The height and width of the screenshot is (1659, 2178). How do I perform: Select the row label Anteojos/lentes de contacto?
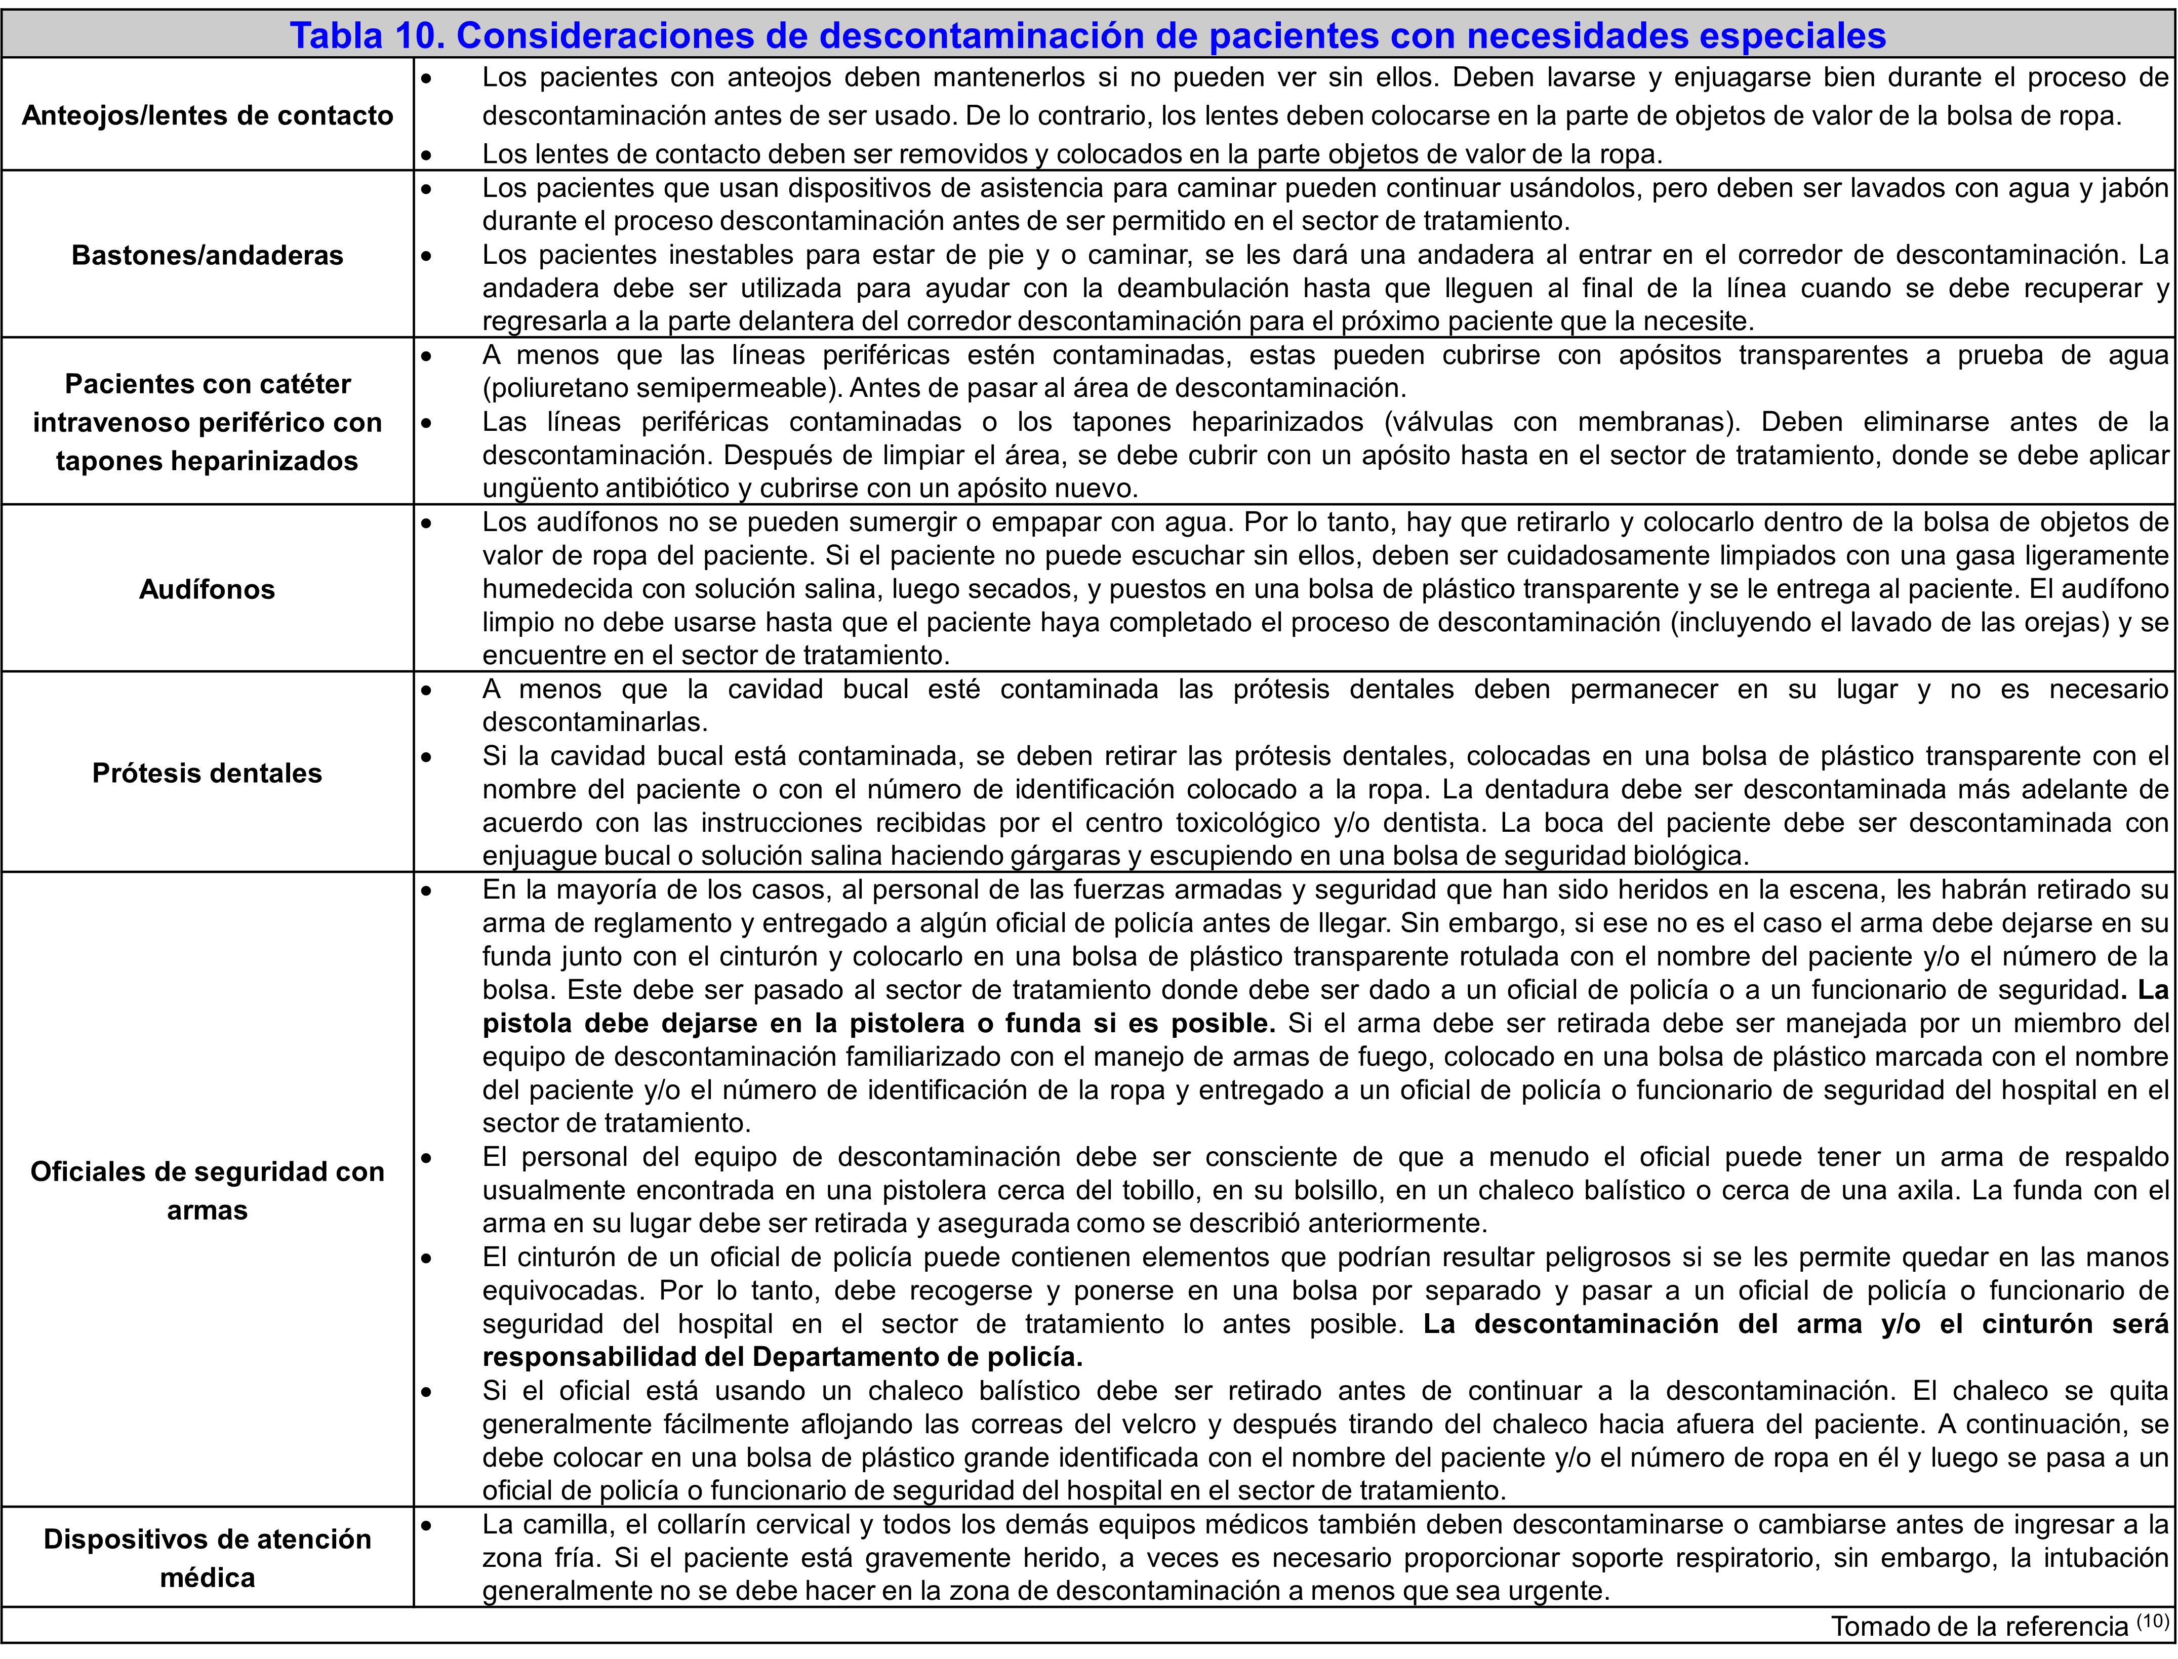(x=208, y=115)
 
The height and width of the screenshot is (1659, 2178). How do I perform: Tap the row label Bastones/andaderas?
(x=208, y=255)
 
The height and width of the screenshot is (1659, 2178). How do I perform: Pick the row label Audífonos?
(x=208, y=590)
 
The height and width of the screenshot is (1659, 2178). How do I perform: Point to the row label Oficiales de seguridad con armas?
(x=208, y=1190)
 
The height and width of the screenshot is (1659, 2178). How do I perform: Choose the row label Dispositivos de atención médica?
(x=208, y=1557)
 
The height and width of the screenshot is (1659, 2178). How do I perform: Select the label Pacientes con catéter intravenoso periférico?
(x=208, y=422)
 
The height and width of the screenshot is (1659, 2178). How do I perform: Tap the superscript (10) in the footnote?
(x=2152, y=1621)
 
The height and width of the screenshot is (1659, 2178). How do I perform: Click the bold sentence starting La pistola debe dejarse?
(x=879, y=1023)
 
